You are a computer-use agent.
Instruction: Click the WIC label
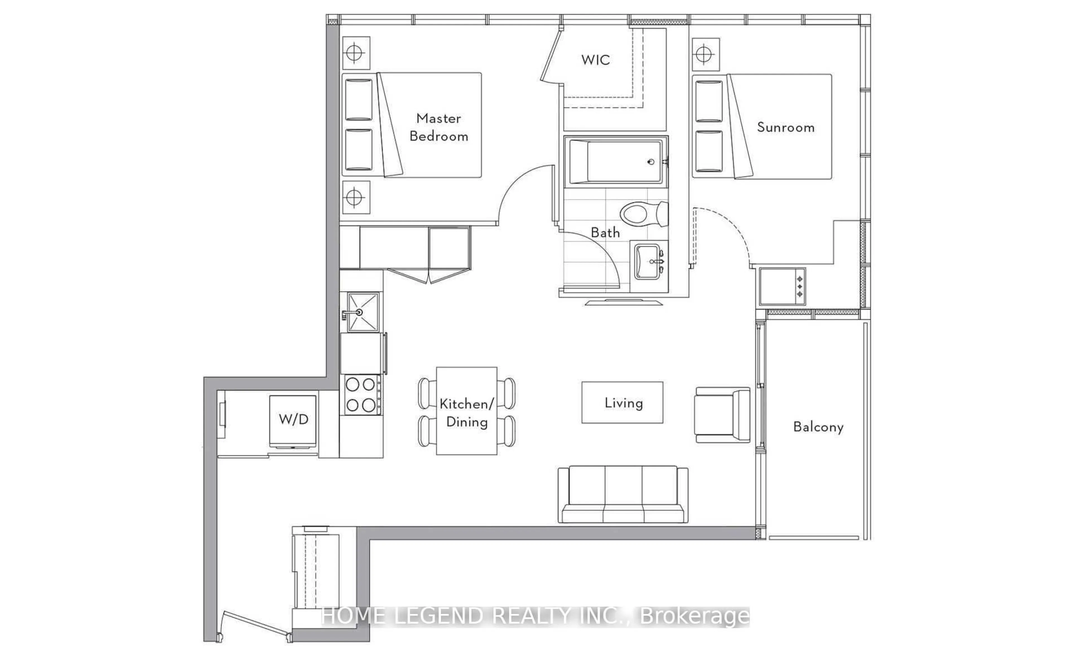click(x=595, y=60)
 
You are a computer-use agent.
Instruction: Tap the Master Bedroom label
click(x=438, y=127)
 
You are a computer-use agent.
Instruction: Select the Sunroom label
click(x=785, y=128)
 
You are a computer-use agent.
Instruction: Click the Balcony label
click(x=818, y=427)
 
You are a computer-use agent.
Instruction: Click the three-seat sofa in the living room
click(x=623, y=495)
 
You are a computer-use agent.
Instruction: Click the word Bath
click(x=605, y=233)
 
